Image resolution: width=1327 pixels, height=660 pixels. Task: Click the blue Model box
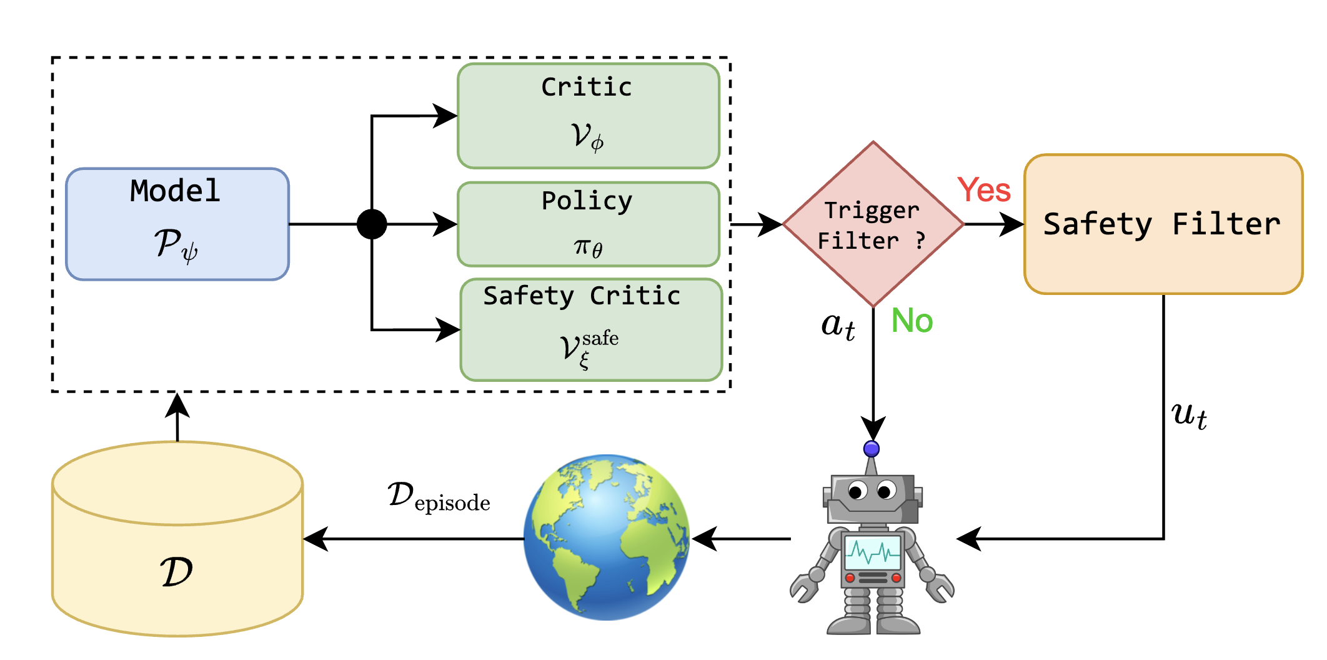[177, 224]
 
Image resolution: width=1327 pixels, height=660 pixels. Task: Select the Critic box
[588, 116]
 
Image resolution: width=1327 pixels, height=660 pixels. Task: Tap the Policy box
[588, 224]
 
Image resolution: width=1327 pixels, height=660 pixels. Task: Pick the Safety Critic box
[591, 329]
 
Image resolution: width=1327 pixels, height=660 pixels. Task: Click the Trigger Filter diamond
[873, 224]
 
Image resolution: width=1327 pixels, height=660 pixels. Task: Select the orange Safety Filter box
[1163, 224]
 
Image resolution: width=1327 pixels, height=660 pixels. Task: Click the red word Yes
[984, 190]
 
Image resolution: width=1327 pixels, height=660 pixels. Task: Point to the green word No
[912, 321]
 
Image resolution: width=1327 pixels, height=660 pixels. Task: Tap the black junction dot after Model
[372, 224]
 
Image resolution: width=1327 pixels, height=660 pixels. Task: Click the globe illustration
[607, 537]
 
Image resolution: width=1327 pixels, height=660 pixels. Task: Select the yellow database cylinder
[177, 539]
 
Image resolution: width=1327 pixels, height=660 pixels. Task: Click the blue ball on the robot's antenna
[872, 449]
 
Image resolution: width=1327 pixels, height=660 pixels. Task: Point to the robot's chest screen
[873, 552]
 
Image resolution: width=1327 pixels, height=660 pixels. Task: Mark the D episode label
[439, 497]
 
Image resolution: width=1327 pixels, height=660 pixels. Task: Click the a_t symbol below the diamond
[838, 326]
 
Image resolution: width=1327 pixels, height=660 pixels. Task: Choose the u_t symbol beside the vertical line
[1189, 415]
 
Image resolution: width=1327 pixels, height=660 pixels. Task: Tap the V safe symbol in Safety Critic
[588, 349]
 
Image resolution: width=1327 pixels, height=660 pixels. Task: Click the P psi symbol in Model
[176, 244]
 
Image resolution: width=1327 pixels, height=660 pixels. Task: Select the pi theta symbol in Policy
[588, 247]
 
